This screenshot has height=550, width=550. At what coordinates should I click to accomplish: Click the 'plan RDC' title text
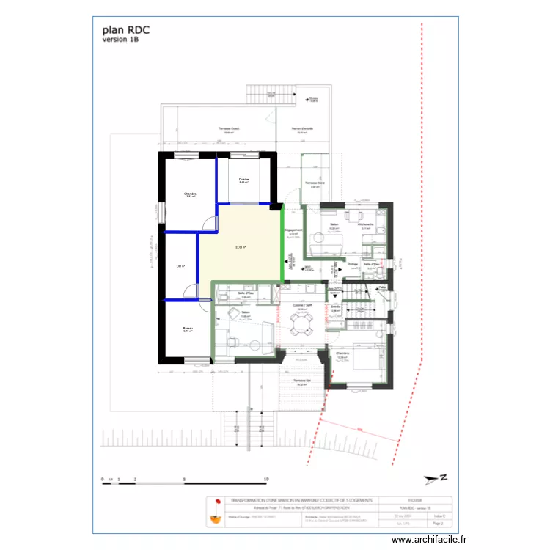126,31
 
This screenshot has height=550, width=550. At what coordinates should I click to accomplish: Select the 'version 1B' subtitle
121,40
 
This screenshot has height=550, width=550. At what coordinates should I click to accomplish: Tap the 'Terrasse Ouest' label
229,128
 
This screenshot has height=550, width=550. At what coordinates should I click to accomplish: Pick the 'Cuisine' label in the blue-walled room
243,179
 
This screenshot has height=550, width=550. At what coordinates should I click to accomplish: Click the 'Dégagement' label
293,229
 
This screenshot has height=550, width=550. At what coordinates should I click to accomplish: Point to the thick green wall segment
284,242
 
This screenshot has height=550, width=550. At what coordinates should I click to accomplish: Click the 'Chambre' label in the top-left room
190,194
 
